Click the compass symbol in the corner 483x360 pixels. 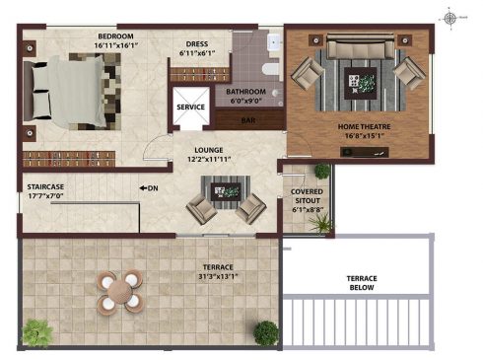(449, 19)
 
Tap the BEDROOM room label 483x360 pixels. (115, 36)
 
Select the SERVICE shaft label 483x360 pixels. (190, 108)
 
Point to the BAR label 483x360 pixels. (248, 120)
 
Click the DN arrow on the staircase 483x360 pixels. (143, 188)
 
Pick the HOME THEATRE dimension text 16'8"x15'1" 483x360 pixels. (365, 136)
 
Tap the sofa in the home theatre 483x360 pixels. (361, 46)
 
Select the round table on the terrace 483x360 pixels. (119, 291)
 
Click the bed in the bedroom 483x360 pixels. (72, 92)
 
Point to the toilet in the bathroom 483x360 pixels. (271, 69)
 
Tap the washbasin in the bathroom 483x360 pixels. (274, 41)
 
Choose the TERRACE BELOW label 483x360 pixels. (362, 283)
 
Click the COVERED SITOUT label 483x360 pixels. (307, 196)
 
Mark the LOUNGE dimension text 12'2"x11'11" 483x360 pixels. (209, 160)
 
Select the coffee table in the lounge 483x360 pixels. (226, 191)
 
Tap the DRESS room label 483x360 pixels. (197, 44)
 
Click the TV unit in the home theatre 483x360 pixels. (365, 152)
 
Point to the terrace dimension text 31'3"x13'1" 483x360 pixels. (218, 276)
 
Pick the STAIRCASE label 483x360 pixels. (45, 187)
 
